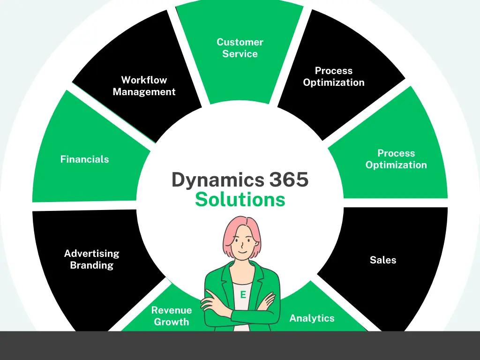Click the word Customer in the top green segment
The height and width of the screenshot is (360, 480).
coord(240,42)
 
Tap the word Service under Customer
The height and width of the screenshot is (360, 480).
coord(240,54)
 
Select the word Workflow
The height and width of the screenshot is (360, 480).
coord(144,80)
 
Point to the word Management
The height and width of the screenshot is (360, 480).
coord(144,92)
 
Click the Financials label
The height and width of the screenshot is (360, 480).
coord(84,159)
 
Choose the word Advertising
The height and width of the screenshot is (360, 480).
coord(92,254)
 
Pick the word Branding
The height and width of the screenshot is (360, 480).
coord(92,265)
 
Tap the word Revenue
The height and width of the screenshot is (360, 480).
coord(172,310)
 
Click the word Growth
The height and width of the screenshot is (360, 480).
coord(172,322)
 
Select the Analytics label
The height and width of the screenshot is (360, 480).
coord(312,318)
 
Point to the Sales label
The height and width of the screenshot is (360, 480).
coord(383,260)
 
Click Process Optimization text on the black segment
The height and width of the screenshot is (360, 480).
coord(334,76)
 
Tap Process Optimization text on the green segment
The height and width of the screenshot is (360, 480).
coord(396,159)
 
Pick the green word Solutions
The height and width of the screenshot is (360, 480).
coord(240,200)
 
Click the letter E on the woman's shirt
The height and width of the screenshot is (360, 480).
coord(243,295)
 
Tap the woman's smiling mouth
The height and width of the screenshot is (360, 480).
coord(242,251)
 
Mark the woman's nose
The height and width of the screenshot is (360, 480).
coord(242,245)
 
